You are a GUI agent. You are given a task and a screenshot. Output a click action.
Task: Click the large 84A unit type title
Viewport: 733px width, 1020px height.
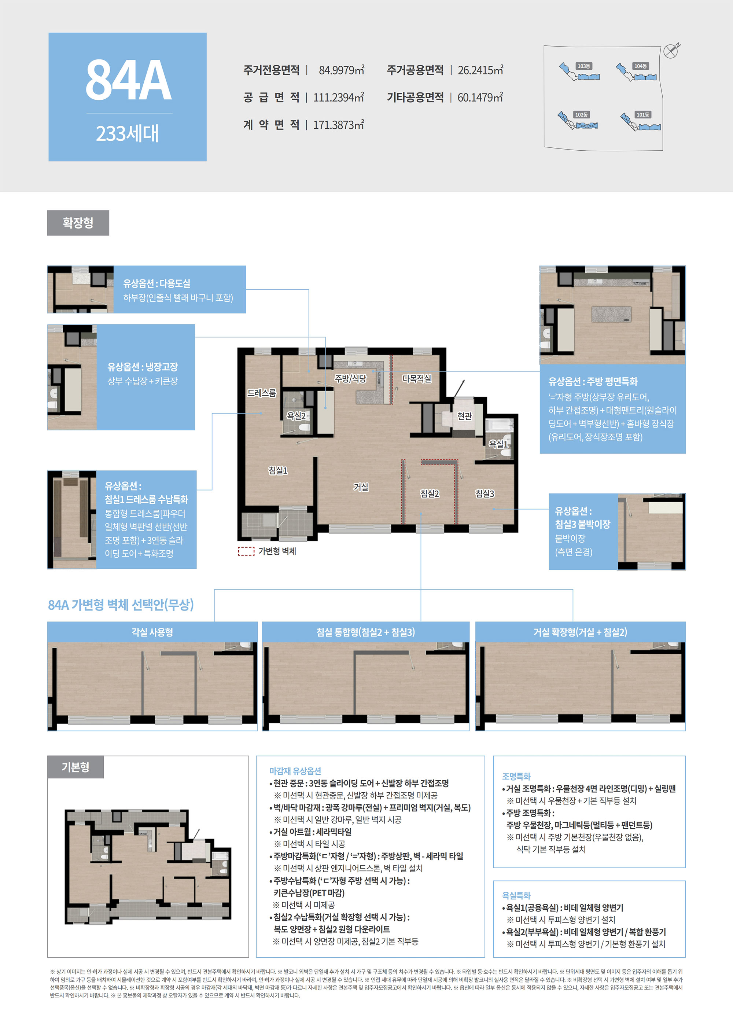pos(128,80)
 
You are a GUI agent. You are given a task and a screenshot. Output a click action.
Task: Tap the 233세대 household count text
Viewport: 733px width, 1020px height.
pos(127,133)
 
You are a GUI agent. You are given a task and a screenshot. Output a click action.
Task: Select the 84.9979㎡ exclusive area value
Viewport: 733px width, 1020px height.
pos(341,70)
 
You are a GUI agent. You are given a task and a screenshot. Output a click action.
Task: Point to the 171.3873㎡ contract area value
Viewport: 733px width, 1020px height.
pos(339,125)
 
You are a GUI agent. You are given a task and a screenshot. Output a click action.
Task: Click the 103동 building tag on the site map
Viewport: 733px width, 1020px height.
pos(584,66)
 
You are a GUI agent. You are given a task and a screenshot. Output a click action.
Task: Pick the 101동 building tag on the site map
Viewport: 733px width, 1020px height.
pos(642,115)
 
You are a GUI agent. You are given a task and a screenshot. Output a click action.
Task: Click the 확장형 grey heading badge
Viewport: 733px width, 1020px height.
pos(78,223)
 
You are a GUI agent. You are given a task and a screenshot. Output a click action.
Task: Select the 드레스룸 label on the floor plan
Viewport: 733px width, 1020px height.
pos(262,393)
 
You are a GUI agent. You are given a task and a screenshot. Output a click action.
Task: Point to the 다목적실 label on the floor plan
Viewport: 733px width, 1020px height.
pos(417,379)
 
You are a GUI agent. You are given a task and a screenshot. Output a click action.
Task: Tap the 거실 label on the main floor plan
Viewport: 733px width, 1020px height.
pos(361,487)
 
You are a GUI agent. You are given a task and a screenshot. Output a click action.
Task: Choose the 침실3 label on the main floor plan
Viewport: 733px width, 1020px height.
pos(485,494)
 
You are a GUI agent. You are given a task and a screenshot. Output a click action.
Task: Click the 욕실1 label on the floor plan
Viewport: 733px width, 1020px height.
pos(498,444)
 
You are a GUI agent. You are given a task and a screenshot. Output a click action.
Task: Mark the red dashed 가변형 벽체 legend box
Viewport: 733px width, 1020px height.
pos(246,551)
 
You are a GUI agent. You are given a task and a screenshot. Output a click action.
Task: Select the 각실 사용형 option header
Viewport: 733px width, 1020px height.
pos(152,632)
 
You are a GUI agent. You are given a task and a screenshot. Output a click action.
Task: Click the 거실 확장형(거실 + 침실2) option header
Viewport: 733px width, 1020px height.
pos(580,632)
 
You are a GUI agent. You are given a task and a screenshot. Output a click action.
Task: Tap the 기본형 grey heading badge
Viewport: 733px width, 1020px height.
pos(75,767)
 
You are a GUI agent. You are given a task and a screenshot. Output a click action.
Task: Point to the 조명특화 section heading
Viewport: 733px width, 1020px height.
pos(516,776)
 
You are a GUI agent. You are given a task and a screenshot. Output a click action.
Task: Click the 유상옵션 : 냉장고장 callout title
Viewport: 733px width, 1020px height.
pos(143,367)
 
